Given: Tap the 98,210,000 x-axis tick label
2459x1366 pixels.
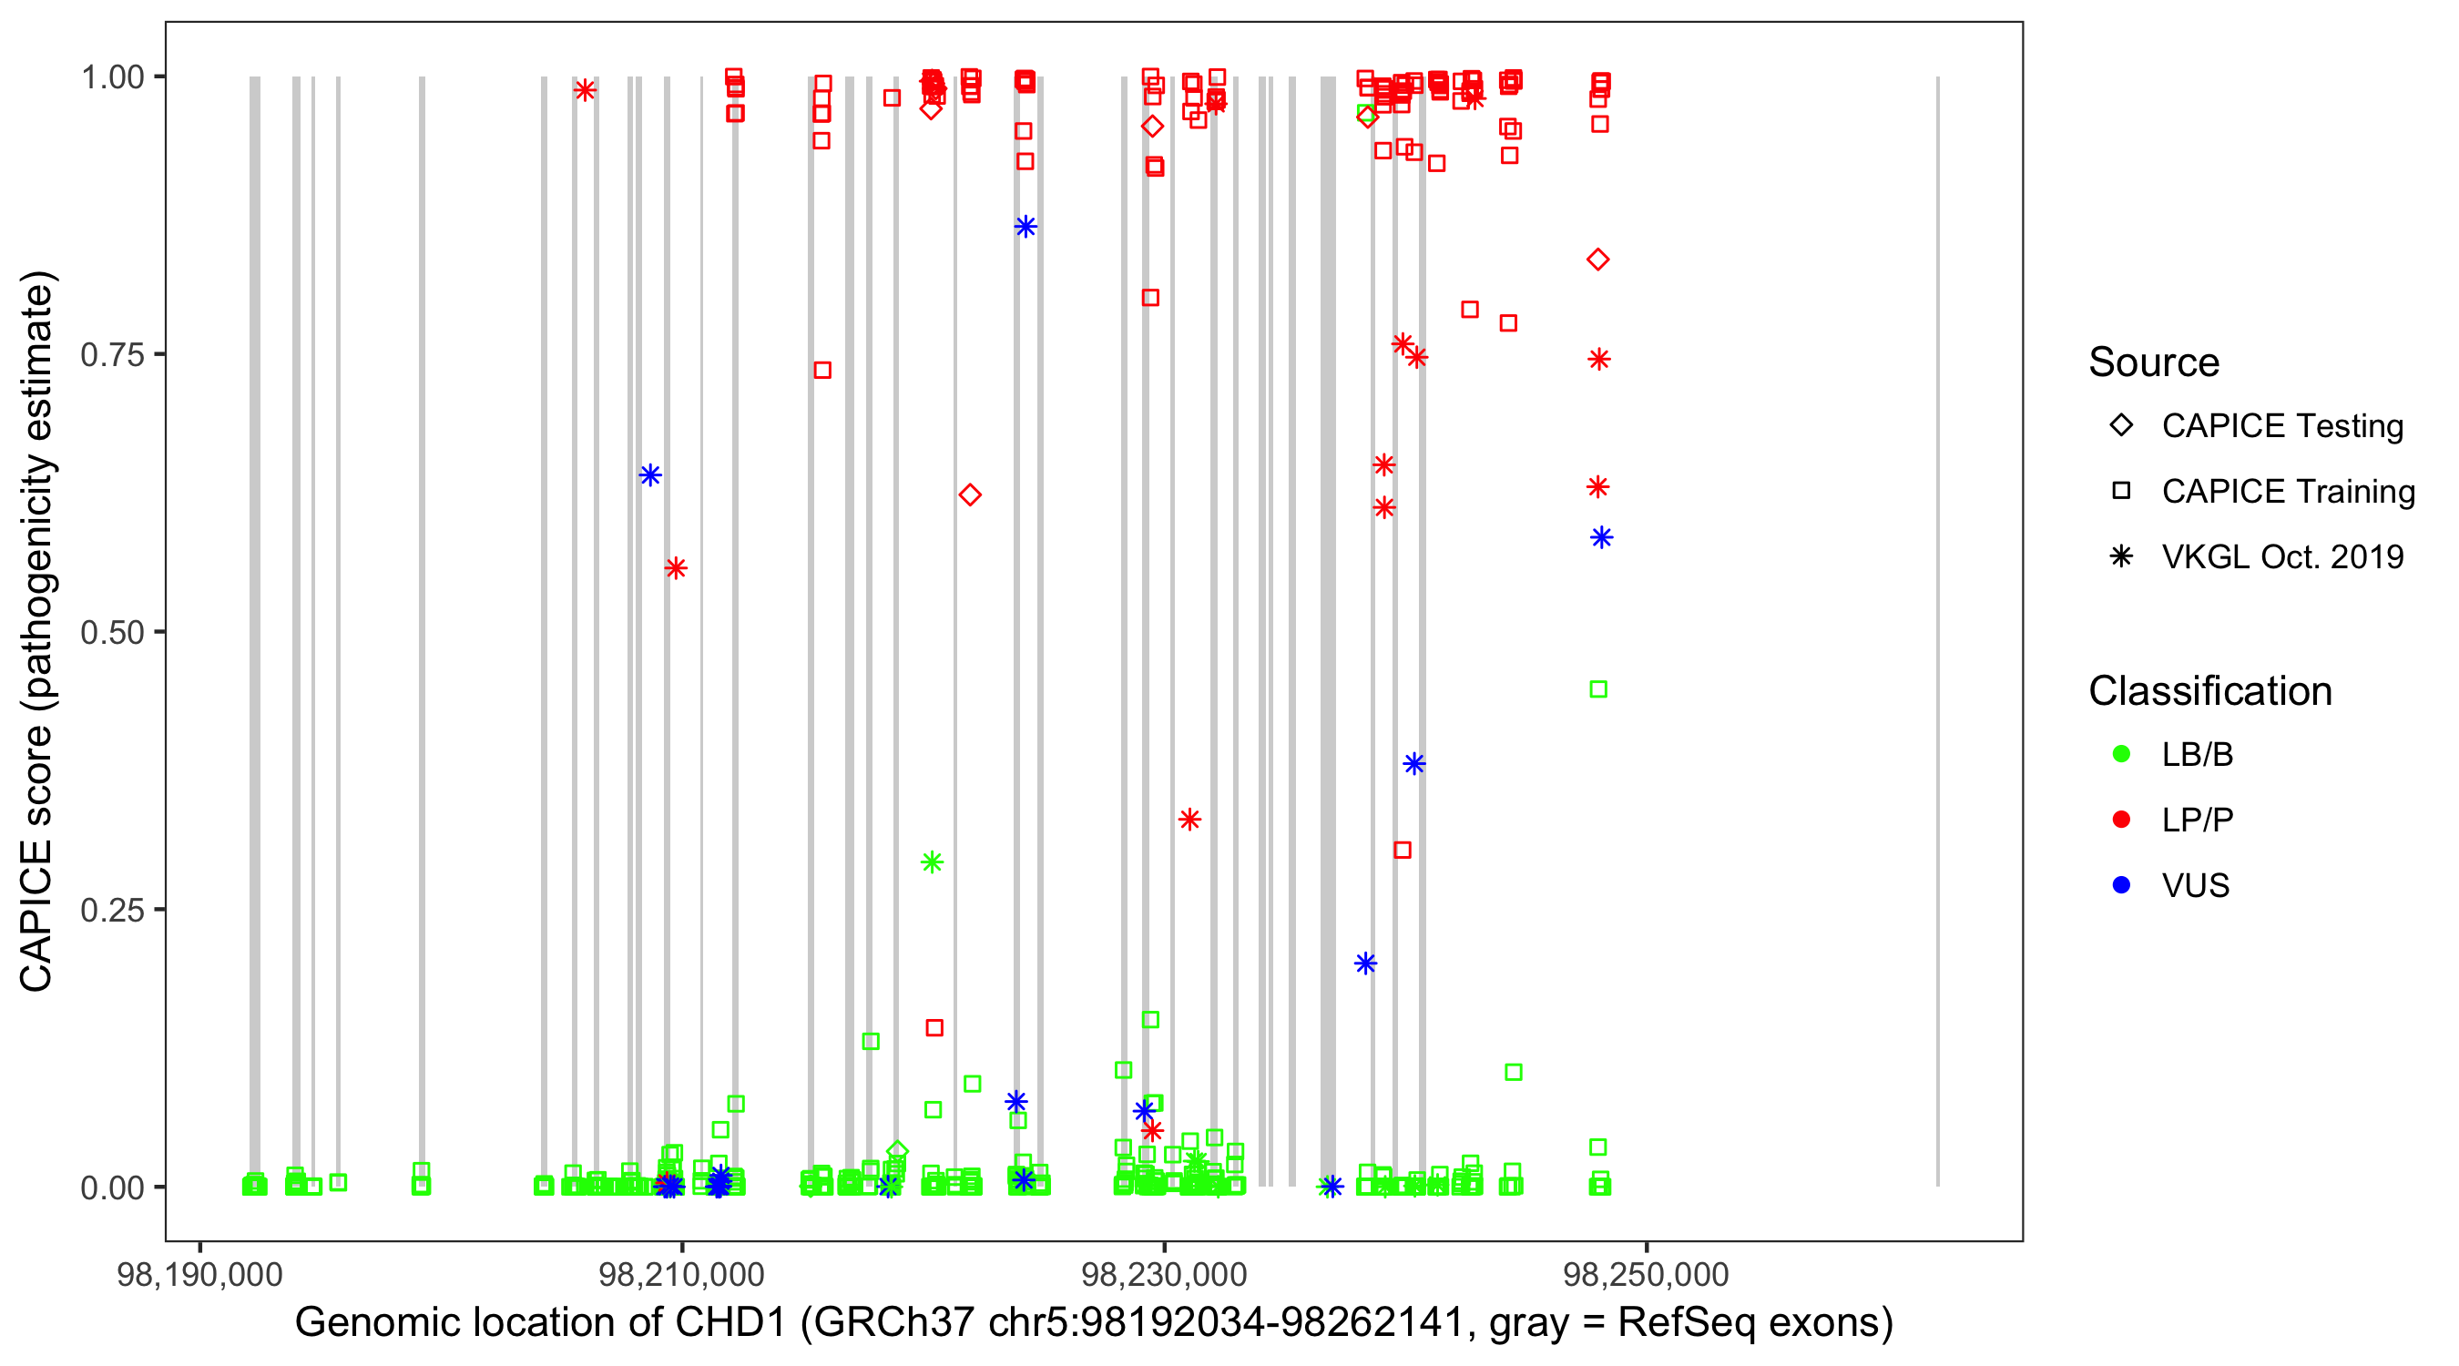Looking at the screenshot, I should (680, 1274).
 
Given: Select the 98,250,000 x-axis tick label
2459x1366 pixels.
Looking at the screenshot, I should (1646, 1274).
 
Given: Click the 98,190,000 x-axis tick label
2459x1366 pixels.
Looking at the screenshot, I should (199, 1274).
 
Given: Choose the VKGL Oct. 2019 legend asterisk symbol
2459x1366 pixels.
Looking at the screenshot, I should (2121, 556).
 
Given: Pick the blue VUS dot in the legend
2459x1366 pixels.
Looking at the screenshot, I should (2121, 885).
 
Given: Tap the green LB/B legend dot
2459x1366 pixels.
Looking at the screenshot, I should (2121, 754).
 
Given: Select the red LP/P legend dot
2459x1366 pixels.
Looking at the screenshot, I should (2121, 820).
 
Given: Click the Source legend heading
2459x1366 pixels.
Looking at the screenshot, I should (2154, 362).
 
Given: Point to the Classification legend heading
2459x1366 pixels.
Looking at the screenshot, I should (2209, 691).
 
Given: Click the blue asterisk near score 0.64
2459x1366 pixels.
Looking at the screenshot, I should (650, 475).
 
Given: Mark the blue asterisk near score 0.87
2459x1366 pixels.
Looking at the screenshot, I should (1025, 226).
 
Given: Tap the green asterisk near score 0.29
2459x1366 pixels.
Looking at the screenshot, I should (932, 862).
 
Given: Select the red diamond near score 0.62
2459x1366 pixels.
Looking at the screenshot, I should (970, 494).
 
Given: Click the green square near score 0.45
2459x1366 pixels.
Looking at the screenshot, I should (1598, 689).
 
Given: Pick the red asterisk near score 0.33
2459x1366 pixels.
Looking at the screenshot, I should (1189, 819).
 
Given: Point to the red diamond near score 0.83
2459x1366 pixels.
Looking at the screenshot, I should (1598, 260).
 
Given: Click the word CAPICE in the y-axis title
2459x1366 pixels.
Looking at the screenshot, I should (36, 916).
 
